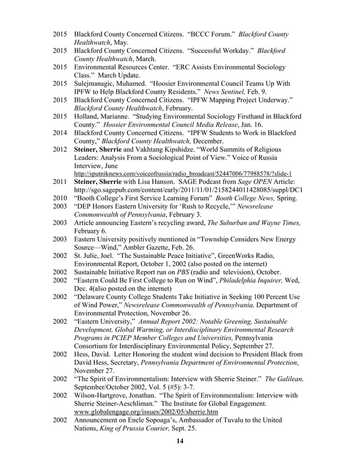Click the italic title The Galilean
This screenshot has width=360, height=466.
283,379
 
